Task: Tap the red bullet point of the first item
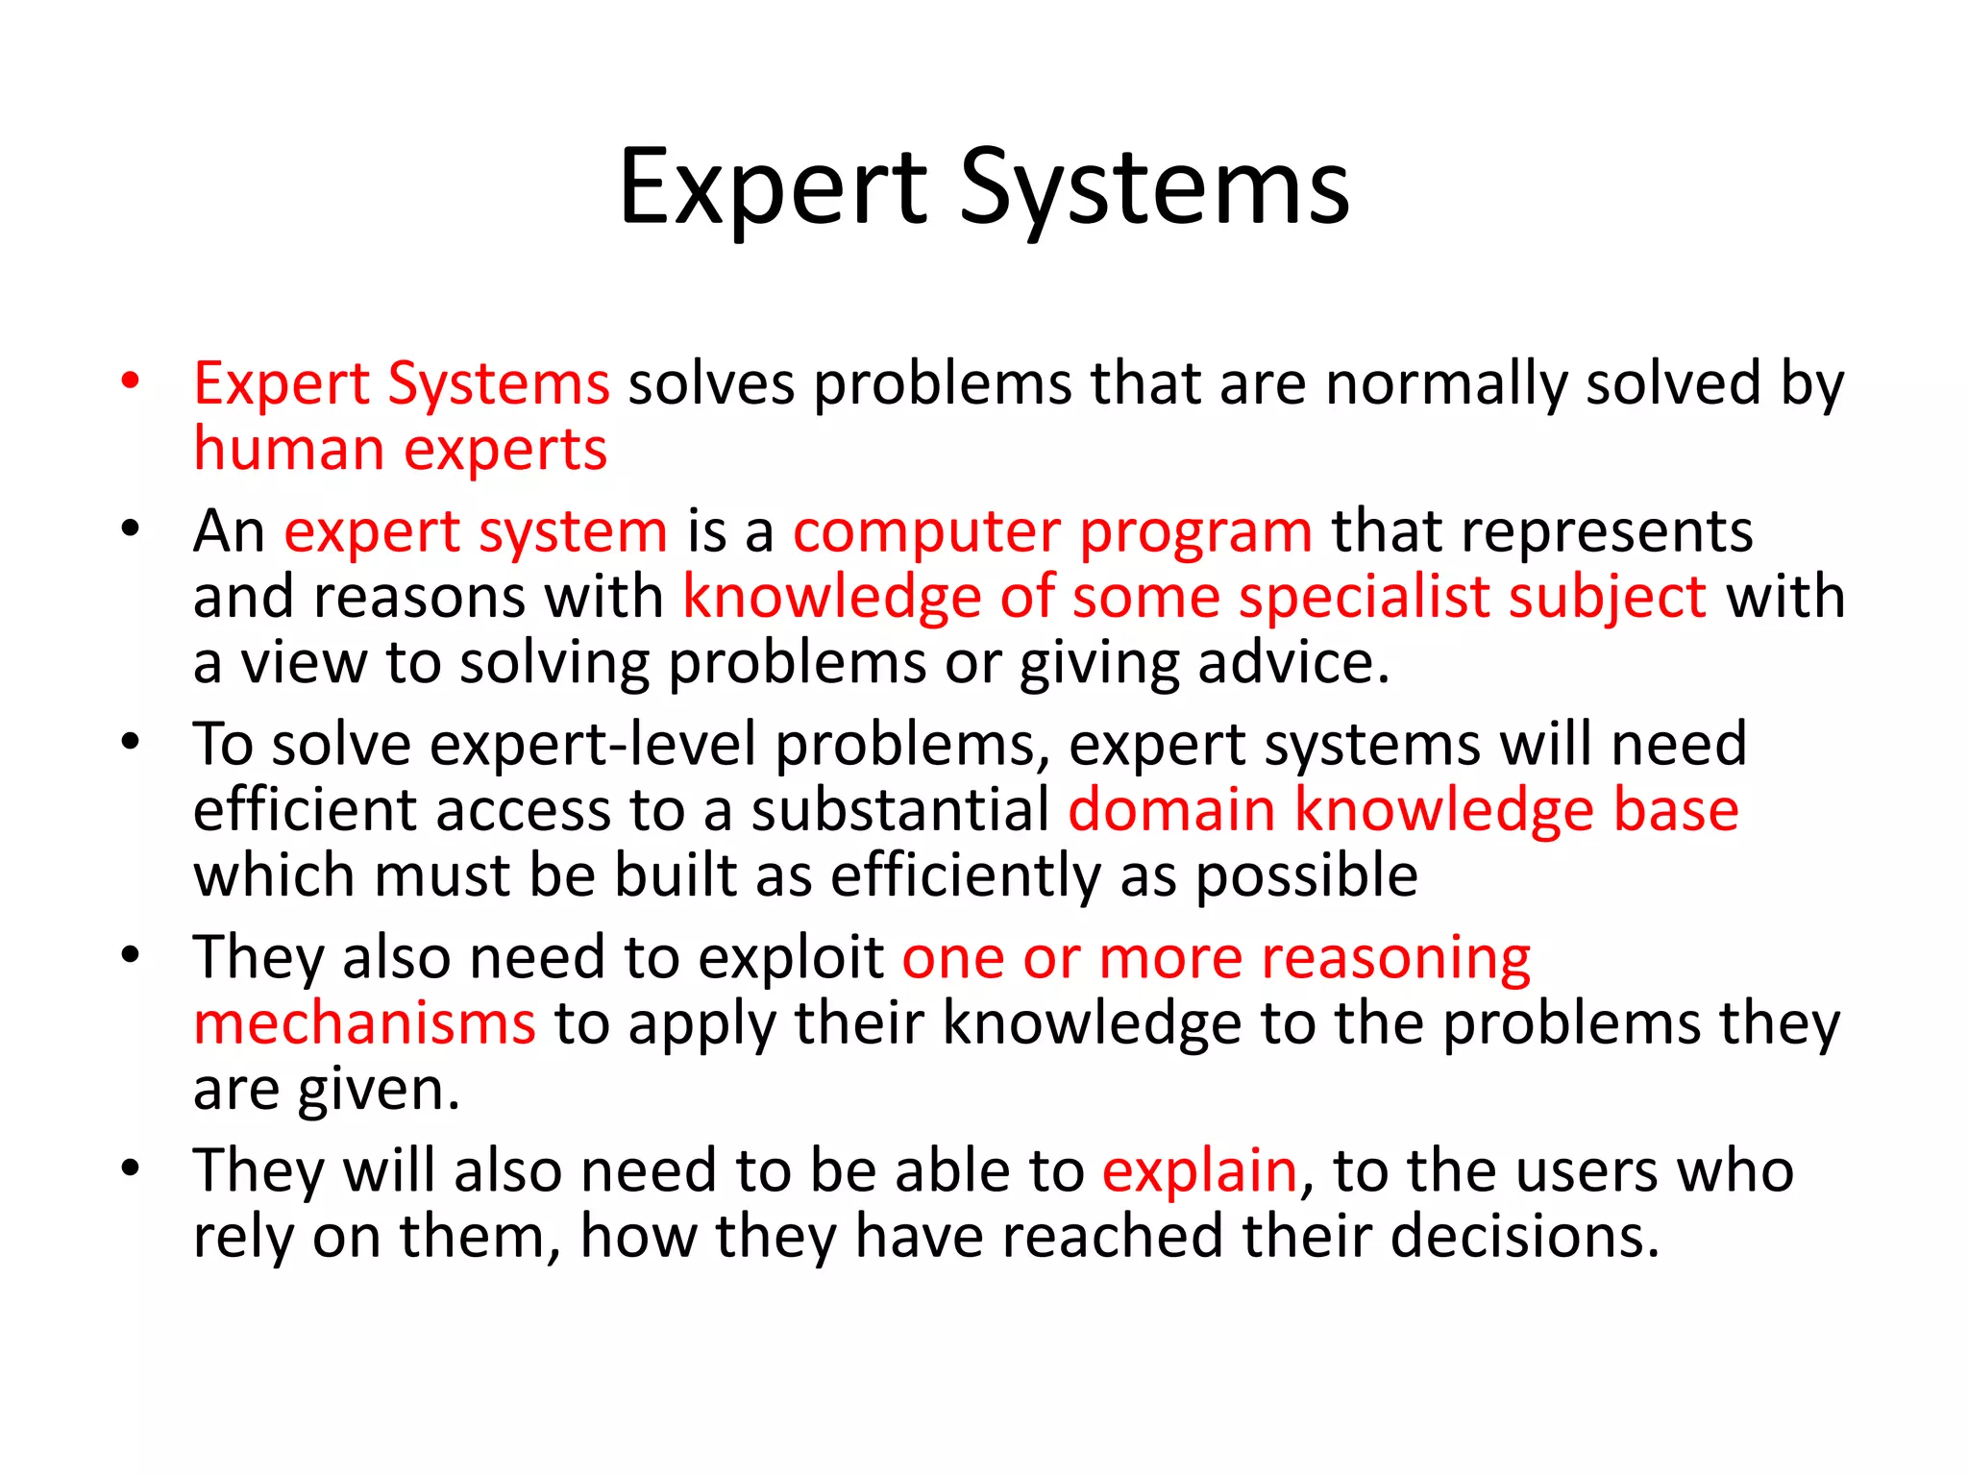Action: point(131,381)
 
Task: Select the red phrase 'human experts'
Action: point(401,450)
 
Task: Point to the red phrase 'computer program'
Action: point(1052,531)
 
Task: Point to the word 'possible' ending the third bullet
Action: point(1306,876)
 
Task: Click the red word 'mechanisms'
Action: point(364,1023)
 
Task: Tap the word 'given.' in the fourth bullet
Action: point(379,1091)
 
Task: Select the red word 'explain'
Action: point(1199,1171)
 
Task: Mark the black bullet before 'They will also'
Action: point(131,1168)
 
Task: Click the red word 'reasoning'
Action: point(1395,958)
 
